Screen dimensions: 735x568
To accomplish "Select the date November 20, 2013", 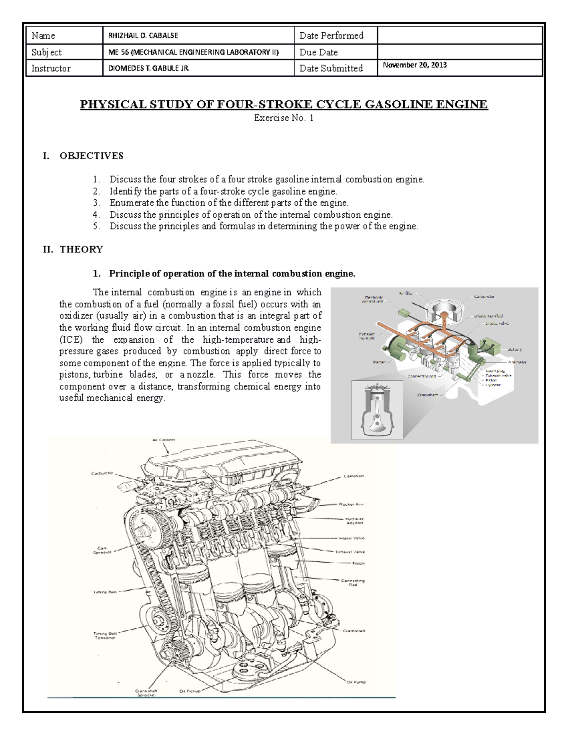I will coord(415,65).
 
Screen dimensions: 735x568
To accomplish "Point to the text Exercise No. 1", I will coord(284,118).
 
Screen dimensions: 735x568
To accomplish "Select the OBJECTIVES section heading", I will coord(91,156).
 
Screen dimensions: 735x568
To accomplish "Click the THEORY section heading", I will coord(81,249).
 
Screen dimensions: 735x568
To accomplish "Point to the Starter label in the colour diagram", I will coord(380,362).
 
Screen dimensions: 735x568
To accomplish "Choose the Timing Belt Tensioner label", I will coord(105,635).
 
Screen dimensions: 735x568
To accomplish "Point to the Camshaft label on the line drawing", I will coord(353,476).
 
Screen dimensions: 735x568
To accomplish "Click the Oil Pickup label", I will coord(190,691).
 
